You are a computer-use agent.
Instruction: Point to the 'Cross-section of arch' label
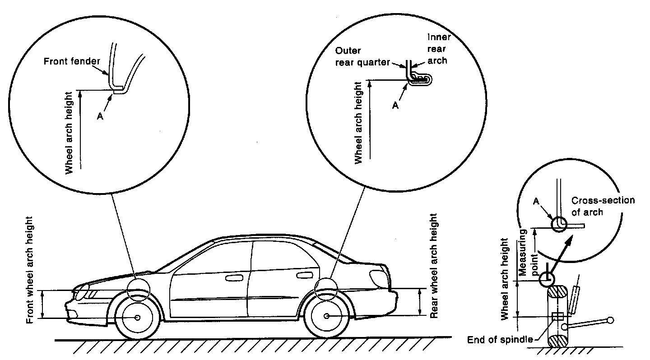(603, 206)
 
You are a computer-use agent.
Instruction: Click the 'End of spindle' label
(500, 339)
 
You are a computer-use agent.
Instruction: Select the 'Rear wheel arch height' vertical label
(434, 266)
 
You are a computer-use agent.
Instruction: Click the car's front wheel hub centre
(137, 318)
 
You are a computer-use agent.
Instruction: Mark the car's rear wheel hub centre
(326, 316)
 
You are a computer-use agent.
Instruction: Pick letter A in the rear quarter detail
(395, 106)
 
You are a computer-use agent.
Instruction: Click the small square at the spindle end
(557, 316)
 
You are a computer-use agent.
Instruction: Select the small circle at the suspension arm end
(610, 320)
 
